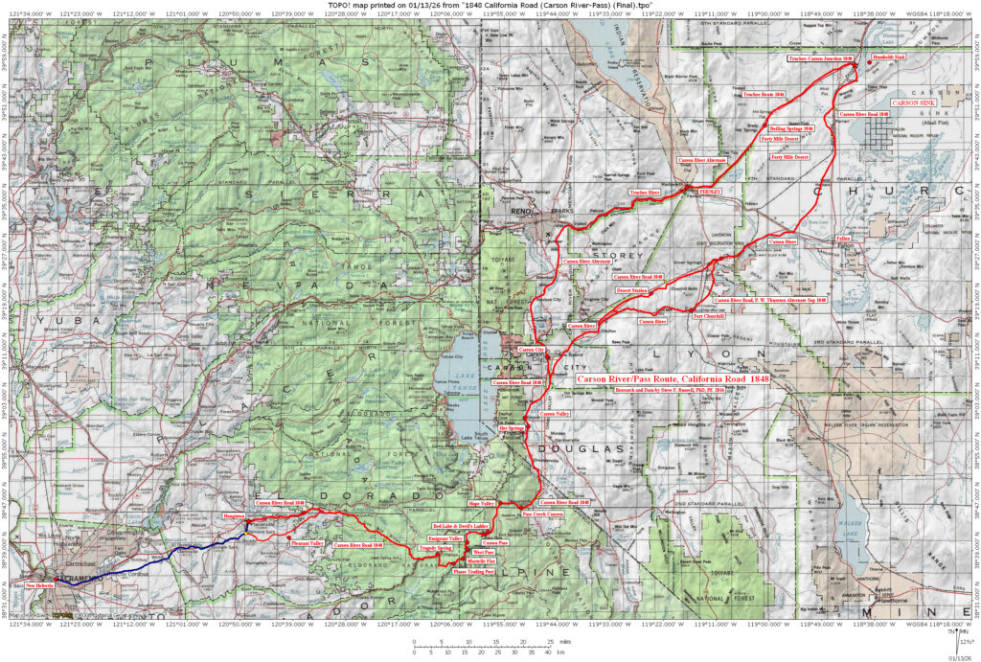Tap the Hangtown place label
[235, 514]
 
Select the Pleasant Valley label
[307, 542]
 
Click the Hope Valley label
[481, 502]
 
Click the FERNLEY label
[710, 192]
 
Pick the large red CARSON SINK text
[917, 103]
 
